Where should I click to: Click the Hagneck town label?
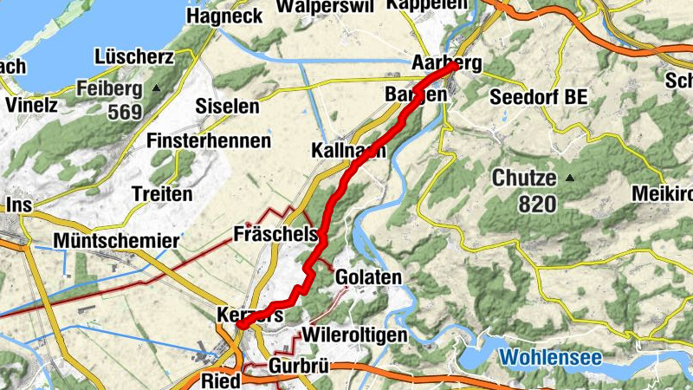[220, 15]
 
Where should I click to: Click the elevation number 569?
[125, 112]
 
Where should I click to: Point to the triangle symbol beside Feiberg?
[157, 88]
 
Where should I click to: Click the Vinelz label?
[30, 105]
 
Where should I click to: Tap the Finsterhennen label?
[210, 140]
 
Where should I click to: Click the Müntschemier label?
[115, 240]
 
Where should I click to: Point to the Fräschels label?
[275, 233]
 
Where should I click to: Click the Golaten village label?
[369, 278]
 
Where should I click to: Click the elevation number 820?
[538, 204]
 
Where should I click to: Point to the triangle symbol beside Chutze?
[570, 179]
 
